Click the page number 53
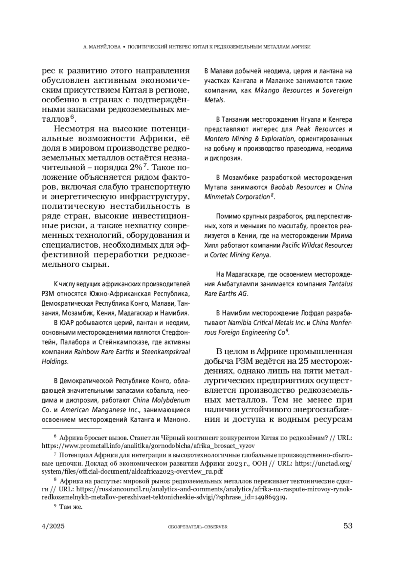pyautogui.click(x=348, y=526)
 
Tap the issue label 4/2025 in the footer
pyautogui.click(x=53, y=526)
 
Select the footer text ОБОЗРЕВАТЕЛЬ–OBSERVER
pyautogui.click(x=197, y=527)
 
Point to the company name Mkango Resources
pyautogui.click(x=283, y=90)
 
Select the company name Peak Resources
pyautogui.click(x=320, y=129)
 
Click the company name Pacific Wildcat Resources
pyautogui.click(x=317, y=245)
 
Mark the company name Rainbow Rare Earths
pyautogui.click(x=104, y=352)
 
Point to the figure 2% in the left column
pyautogui.click(x=136, y=167)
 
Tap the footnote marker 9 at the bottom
pyautogui.click(x=55, y=506)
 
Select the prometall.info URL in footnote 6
pyautogui.click(x=148, y=446)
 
